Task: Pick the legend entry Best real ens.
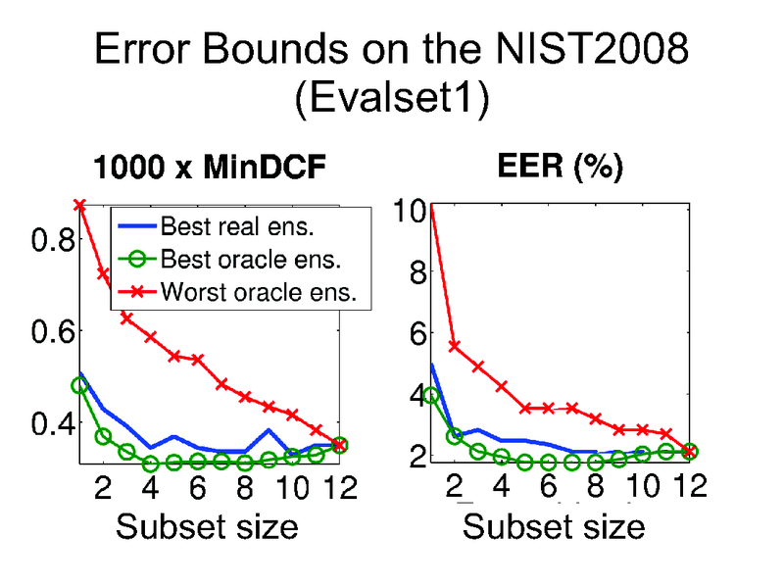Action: (x=242, y=228)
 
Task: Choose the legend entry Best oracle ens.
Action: (x=250, y=260)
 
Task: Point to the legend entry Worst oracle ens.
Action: (x=257, y=291)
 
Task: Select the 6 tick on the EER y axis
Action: (x=416, y=333)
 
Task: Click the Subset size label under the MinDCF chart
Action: (x=207, y=527)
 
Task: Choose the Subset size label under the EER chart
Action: (x=554, y=527)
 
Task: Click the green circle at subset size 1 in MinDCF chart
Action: (x=80, y=385)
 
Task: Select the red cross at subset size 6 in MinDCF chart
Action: (x=198, y=360)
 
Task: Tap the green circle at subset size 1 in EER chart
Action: (x=431, y=396)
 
